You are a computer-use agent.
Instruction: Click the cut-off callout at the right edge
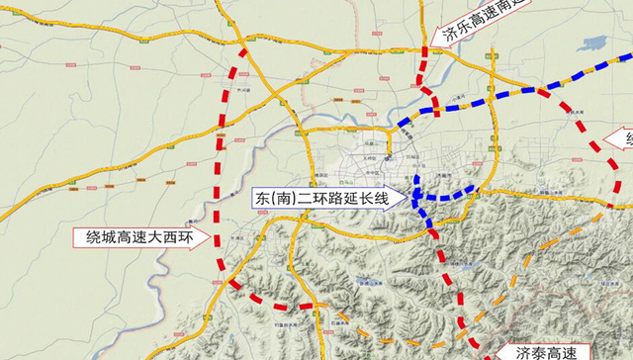tap(625, 137)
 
